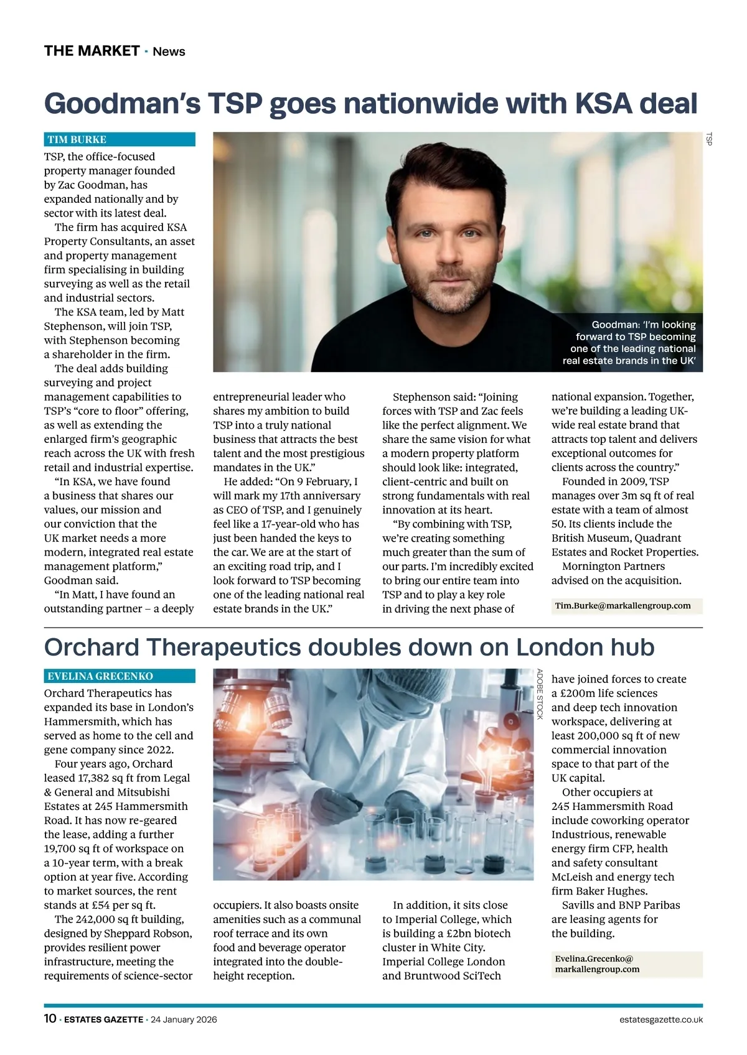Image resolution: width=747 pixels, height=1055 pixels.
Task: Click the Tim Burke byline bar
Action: click(x=120, y=139)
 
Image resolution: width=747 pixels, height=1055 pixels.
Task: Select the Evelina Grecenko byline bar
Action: click(x=120, y=676)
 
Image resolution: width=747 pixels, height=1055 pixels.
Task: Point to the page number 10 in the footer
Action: click(x=50, y=1019)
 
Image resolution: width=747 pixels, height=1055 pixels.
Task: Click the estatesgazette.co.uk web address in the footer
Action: click(x=661, y=1020)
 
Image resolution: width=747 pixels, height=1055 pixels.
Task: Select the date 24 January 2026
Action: click(x=184, y=1020)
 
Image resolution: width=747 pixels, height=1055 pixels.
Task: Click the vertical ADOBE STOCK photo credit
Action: click(x=540, y=694)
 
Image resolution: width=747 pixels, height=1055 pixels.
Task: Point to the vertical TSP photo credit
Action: click(x=708, y=139)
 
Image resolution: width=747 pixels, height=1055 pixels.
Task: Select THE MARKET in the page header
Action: click(x=92, y=51)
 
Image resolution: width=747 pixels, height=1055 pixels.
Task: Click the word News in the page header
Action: click(x=169, y=52)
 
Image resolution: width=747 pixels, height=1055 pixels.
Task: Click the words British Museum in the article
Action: click(x=585, y=538)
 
